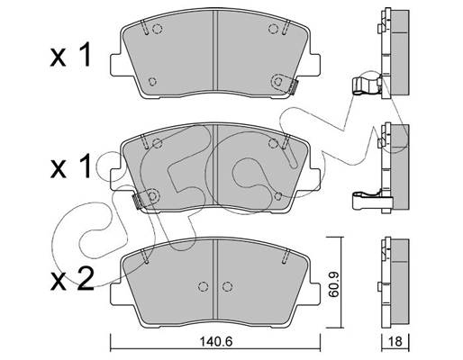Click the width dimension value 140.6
pos(214,342)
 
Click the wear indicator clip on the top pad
pos(291,87)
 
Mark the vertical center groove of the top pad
pos(213,54)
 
